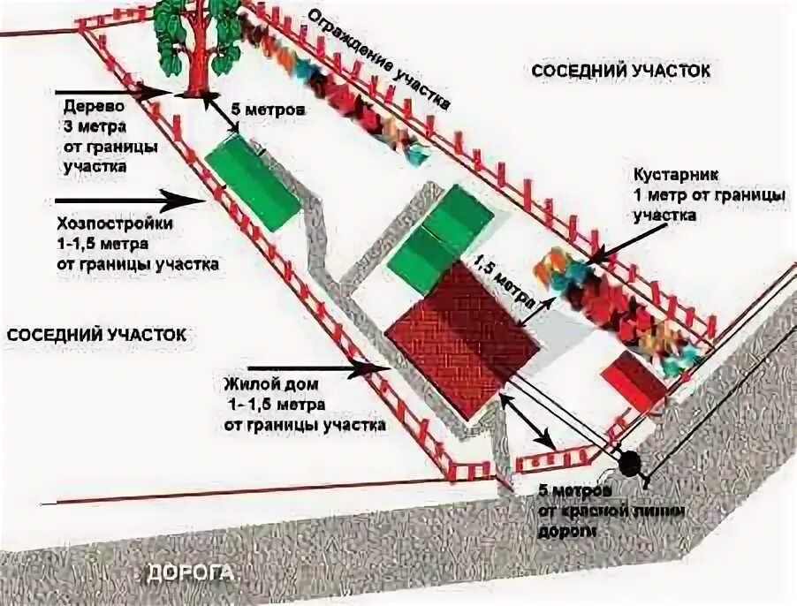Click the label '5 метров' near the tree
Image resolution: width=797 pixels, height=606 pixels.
tap(268, 112)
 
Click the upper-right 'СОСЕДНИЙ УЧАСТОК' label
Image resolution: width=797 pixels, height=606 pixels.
tap(620, 69)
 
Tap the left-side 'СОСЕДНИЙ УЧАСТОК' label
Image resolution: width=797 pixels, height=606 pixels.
tap(95, 335)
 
